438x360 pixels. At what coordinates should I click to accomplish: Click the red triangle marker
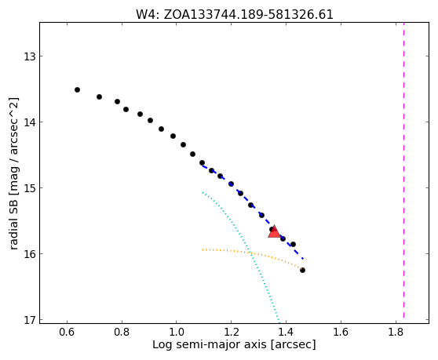coord(274,232)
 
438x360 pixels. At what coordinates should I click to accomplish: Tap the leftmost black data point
coord(78,89)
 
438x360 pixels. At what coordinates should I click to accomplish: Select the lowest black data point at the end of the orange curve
coord(302,270)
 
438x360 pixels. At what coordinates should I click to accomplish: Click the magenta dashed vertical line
coord(403,170)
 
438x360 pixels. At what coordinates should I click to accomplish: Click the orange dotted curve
coord(250,253)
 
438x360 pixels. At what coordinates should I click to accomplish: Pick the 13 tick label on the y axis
coord(29,56)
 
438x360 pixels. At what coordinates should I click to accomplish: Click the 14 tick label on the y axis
coord(29,122)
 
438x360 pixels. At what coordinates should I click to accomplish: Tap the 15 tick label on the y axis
coord(29,188)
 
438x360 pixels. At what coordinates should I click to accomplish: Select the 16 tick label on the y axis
coord(29,254)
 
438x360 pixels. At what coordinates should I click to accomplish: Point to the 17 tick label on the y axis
coord(29,320)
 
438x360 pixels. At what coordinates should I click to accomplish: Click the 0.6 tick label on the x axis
coord(67,332)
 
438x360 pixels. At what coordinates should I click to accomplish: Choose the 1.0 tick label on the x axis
coord(177,332)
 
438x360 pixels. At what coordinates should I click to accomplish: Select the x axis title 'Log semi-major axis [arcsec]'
coord(234,344)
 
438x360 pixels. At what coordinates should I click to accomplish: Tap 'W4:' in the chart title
coord(148,15)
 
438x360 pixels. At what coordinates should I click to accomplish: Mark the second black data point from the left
coord(99,96)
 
